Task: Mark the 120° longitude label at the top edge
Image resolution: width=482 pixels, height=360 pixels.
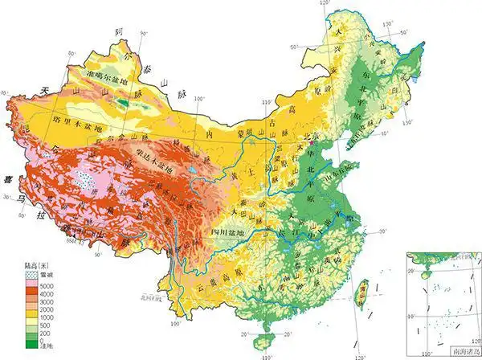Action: click(x=325, y=6)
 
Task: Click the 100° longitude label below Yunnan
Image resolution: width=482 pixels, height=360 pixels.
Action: click(x=173, y=323)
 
